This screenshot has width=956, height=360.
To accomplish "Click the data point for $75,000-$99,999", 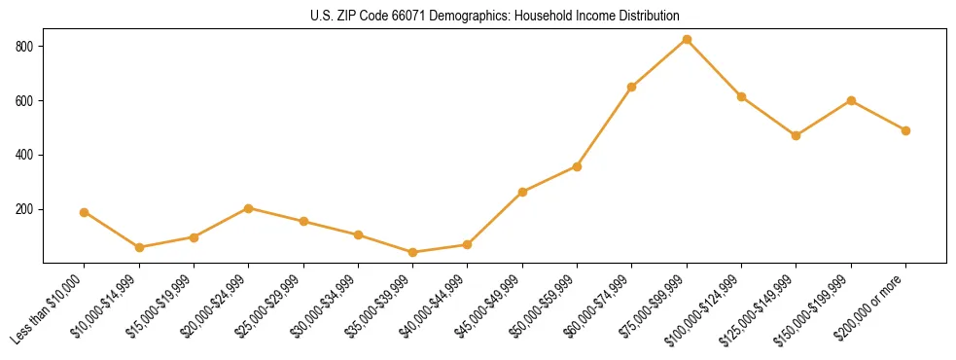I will tap(687, 39).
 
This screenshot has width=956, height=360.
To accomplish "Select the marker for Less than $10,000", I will tap(84, 212).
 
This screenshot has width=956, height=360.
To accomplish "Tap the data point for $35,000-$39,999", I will tap(412, 252).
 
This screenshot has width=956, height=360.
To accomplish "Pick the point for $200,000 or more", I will tap(905, 130).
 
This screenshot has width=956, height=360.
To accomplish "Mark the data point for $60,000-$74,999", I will tap(632, 87).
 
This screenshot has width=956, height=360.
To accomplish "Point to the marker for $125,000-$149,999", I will tap(796, 135).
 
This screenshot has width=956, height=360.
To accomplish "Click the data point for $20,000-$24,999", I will tap(248, 208).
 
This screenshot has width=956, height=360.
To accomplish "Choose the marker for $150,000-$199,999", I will tap(851, 100).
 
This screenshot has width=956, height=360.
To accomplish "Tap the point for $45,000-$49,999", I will tap(522, 192).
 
